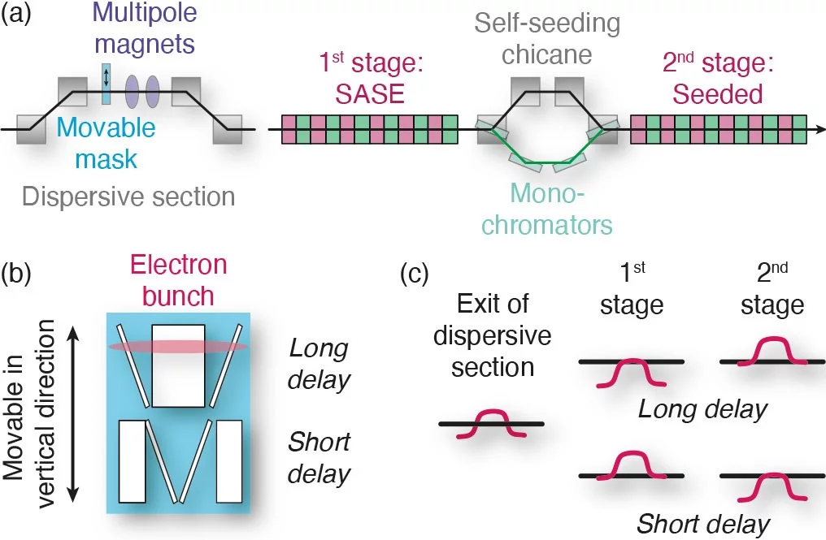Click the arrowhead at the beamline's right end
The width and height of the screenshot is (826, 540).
[819, 129]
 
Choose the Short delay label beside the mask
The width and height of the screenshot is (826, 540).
[319, 458]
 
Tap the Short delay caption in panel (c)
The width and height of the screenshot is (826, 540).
[702, 523]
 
